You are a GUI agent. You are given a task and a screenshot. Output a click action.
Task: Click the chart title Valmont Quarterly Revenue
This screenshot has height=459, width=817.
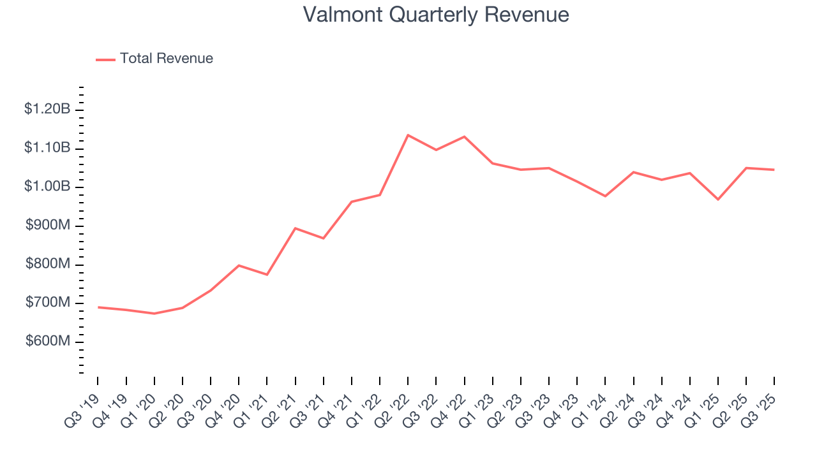click(x=436, y=14)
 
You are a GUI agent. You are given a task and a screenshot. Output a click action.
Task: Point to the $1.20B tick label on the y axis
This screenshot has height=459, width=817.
click(x=47, y=110)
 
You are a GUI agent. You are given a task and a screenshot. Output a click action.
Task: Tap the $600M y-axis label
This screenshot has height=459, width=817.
click(x=47, y=342)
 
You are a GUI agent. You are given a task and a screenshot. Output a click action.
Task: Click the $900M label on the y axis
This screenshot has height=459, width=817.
click(x=47, y=226)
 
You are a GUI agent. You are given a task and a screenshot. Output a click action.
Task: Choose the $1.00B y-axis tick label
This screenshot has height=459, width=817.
click(x=47, y=187)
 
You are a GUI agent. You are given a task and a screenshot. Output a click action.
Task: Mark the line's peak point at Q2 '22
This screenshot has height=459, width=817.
click(x=408, y=135)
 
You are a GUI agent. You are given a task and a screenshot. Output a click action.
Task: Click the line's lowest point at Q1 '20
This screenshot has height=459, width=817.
click(x=154, y=314)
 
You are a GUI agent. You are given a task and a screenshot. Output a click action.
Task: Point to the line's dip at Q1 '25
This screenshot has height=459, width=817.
click(x=718, y=200)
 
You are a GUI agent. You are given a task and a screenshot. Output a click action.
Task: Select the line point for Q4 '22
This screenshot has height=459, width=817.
click(x=464, y=136)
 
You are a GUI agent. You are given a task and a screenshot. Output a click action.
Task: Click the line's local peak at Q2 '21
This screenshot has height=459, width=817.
click(x=295, y=228)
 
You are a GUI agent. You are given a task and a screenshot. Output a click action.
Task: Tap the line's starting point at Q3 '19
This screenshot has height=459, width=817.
click(x=98, y=307)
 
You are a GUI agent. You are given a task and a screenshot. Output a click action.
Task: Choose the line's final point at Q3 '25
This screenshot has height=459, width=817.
click(x=774, y=170)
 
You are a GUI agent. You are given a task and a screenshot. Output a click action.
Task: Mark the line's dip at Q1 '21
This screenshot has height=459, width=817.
click(x=267, y=275)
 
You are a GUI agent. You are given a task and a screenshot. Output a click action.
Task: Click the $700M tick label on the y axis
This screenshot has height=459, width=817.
click(x=47, y=303)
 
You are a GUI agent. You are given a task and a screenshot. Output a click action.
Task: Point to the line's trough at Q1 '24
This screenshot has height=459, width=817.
click(x=605, y=196)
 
